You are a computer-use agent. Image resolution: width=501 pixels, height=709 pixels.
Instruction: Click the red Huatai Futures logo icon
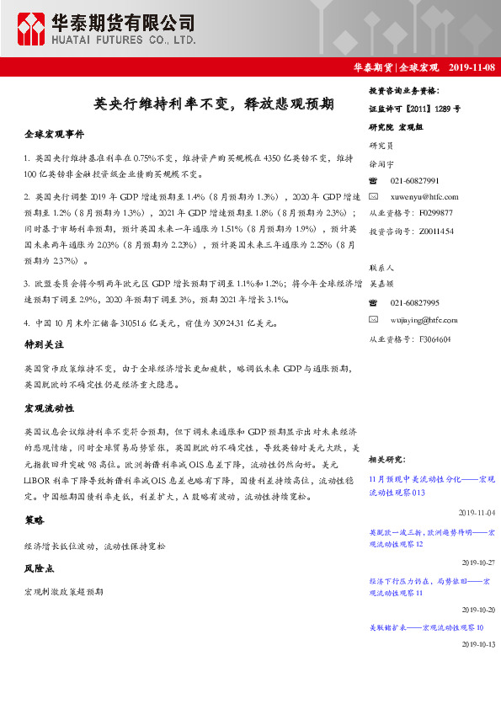(x=32, y=29)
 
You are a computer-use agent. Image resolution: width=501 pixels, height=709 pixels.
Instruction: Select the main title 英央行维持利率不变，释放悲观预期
(x=214, y=104)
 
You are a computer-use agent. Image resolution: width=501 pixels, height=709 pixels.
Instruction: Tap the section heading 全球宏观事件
(x=55, y=135)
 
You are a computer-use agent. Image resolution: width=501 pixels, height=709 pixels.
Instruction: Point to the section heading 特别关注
(x=45, y=345)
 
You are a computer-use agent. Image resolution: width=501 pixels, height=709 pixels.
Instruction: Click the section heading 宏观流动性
(x=50, y=408)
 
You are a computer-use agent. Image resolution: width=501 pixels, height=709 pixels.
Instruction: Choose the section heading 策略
(x=34, y=520)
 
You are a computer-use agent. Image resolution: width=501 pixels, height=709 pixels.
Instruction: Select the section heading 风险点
(x=39, y=569)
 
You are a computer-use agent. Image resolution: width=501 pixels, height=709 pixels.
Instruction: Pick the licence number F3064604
(x=433, y=339)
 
